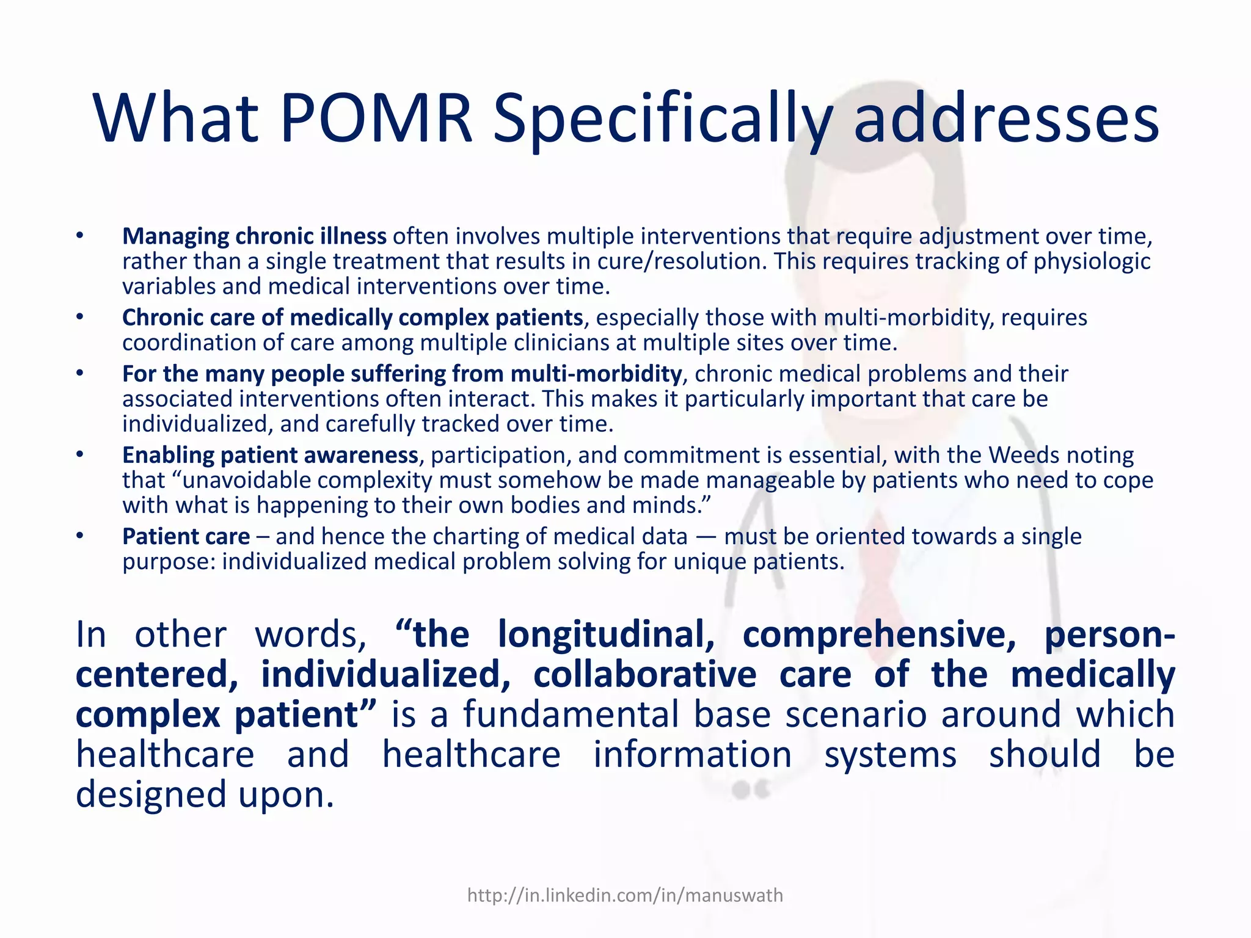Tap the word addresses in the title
[1006, 119]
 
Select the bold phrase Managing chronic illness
[254, 236]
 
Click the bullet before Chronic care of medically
[79, 317]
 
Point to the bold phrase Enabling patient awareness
[270, 455]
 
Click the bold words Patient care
[186, 536]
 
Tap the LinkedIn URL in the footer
[625, 895]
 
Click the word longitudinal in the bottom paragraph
[606, 634]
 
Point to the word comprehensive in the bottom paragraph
[879, 634]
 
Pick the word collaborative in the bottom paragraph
[644, 675]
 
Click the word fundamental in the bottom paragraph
[571, 714]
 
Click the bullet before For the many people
[79, 373]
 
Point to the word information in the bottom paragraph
[692, 755]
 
